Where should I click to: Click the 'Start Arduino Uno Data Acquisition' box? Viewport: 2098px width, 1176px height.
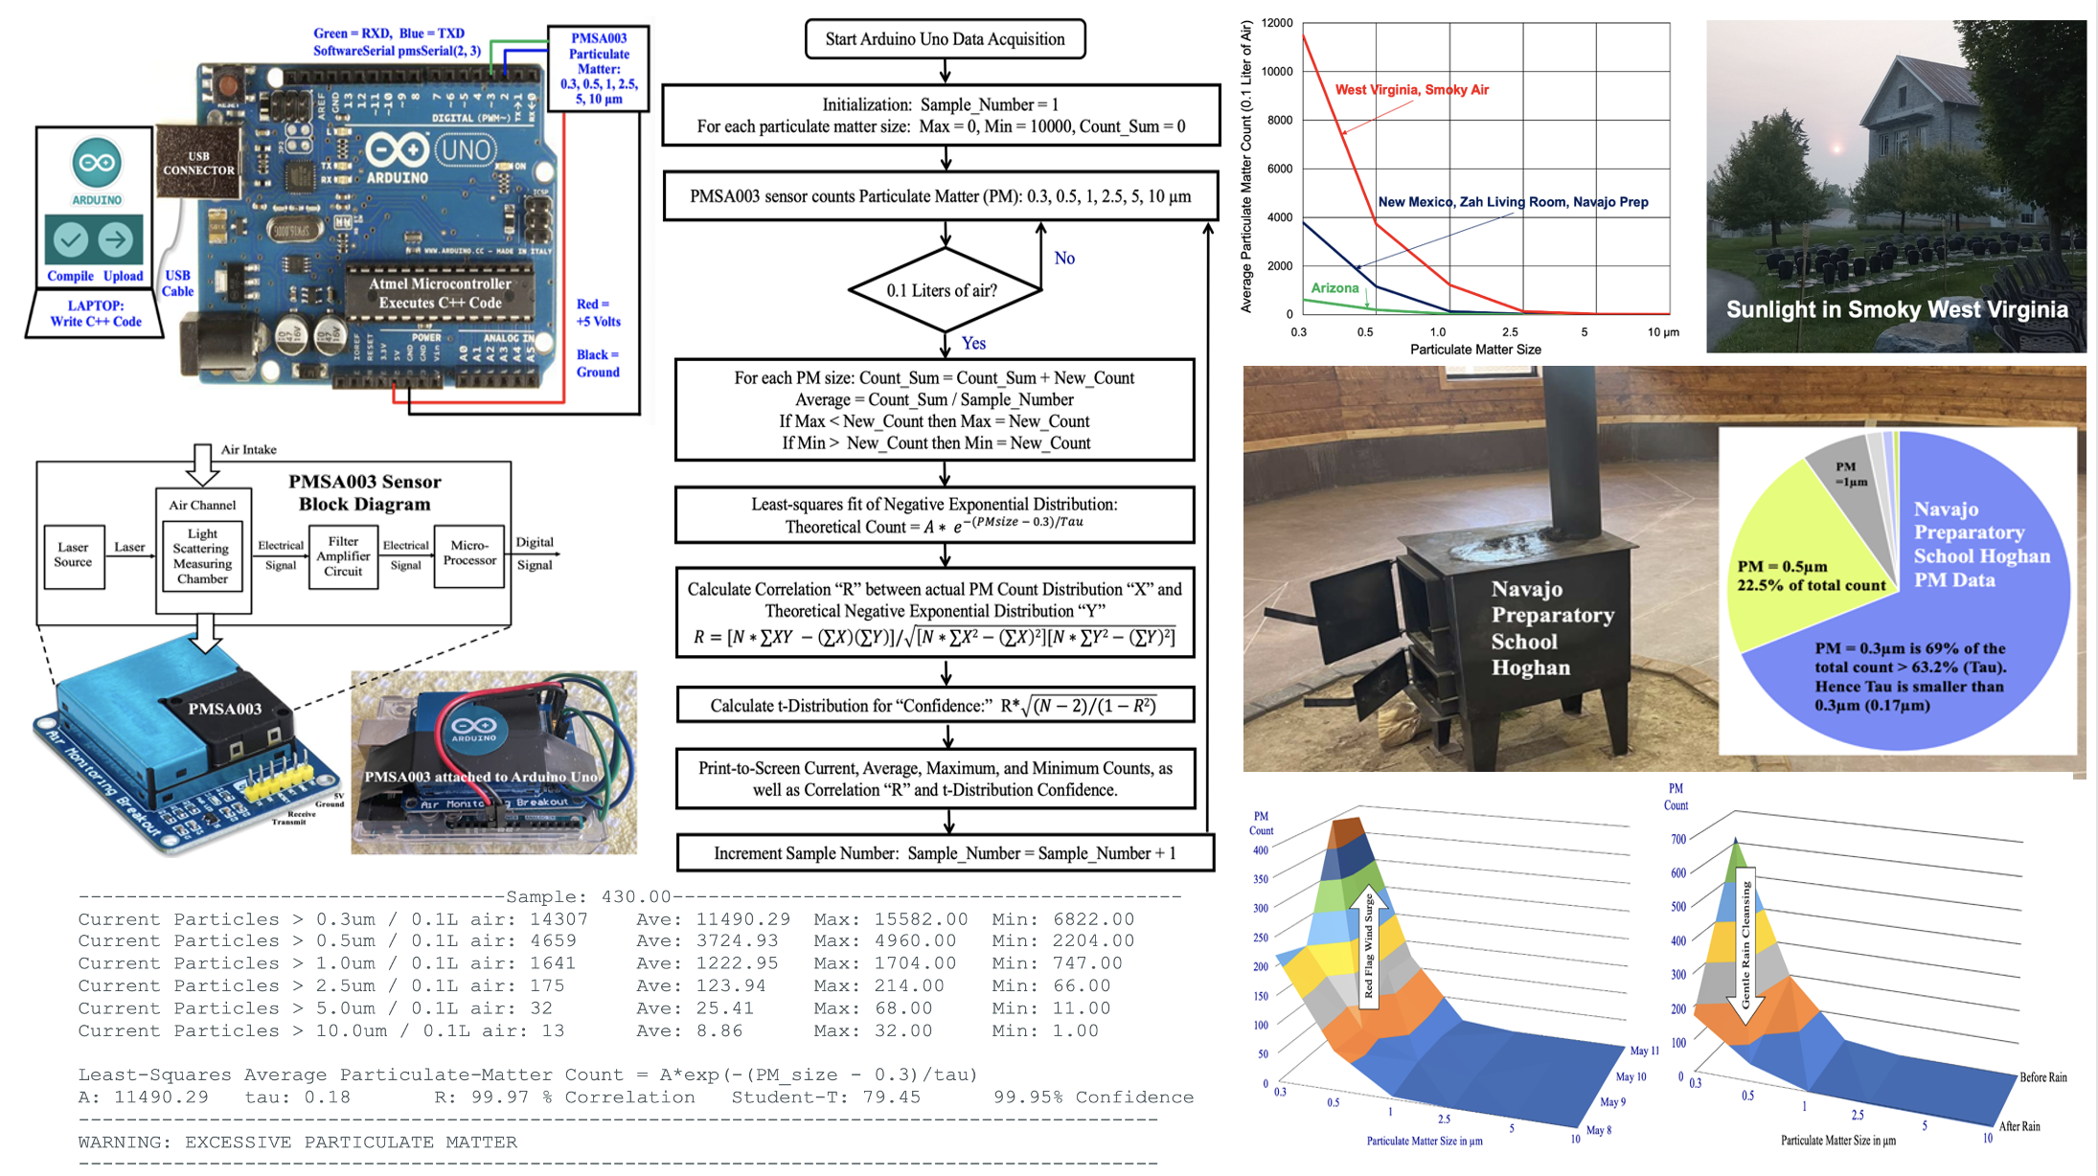(x=945, y=39)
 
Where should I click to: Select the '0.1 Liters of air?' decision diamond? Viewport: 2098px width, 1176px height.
(x=945, y=290)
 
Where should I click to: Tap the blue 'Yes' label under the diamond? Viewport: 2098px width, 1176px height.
(x=973, y=343)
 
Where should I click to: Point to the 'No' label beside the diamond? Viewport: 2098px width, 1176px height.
(x=1064, y=259)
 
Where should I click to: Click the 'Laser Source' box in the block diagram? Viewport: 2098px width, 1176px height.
(x=74, y=554)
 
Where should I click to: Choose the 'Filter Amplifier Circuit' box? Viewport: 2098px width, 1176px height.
(x=343, y=555)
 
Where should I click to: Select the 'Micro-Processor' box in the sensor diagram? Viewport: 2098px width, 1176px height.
(x=469, y=554)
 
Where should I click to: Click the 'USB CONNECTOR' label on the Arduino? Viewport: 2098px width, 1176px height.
(x=198, y=163)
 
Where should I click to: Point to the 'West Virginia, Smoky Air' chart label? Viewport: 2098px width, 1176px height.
(x=1411, y=90)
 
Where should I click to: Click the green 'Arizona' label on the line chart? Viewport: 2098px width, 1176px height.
(x=1334, y=288)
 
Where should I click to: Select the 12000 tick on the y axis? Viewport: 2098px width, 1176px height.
(x=1277, y=23)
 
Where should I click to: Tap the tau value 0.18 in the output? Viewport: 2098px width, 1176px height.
(x=327, y=1097)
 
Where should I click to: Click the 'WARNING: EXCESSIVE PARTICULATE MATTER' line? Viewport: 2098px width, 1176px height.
(x=297, y=1142)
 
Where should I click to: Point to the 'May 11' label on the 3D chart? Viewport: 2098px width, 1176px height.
(x=1644, y=1051)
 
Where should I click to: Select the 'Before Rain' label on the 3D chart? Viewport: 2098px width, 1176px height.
(x=2042, y=1077)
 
